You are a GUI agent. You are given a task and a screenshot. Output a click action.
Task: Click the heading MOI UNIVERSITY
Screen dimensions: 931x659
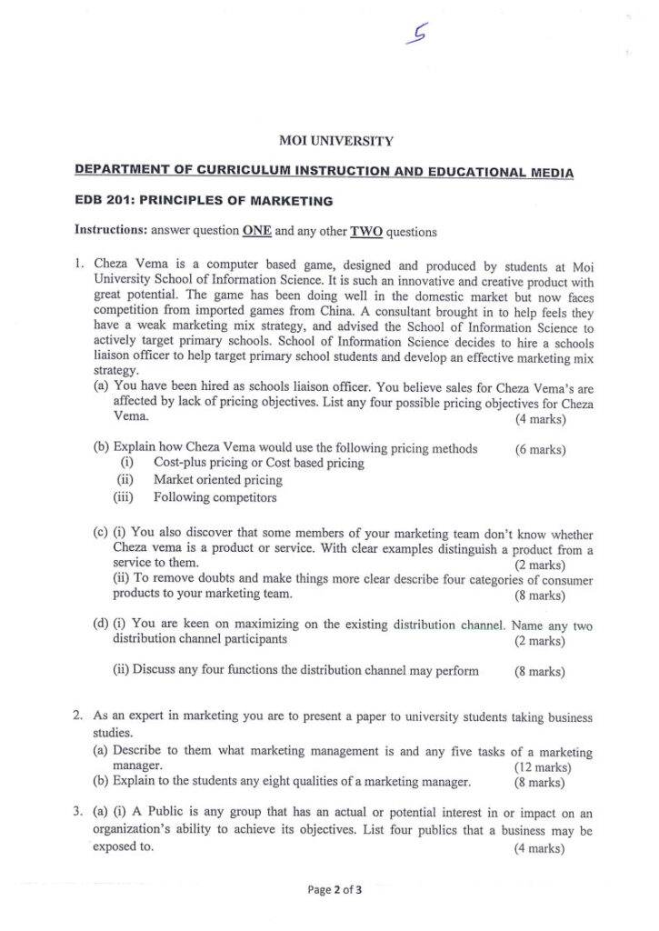[x=335, y=141]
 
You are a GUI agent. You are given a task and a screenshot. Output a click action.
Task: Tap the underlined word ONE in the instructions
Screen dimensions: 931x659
[x=257, y=231]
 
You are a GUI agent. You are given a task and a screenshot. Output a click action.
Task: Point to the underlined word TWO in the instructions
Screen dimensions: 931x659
[x=365, y=231]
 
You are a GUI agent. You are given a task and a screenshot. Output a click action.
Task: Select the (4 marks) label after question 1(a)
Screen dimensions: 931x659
[x=540, y=419]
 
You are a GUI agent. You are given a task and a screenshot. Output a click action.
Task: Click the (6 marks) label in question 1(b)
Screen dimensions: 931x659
[x=540, y=449]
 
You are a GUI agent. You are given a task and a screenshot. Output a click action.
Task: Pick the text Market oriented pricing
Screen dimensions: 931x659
[x=217, y=480]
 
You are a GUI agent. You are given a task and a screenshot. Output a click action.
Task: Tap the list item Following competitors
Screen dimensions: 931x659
[x=215, y=497]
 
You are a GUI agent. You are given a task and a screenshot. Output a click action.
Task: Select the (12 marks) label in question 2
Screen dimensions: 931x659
[x=540, y=766]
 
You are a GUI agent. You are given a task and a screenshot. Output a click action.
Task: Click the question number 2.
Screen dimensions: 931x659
[x=79, y=717]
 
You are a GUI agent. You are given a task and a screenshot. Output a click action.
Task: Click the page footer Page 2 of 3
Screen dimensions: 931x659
[x=335, y=890]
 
